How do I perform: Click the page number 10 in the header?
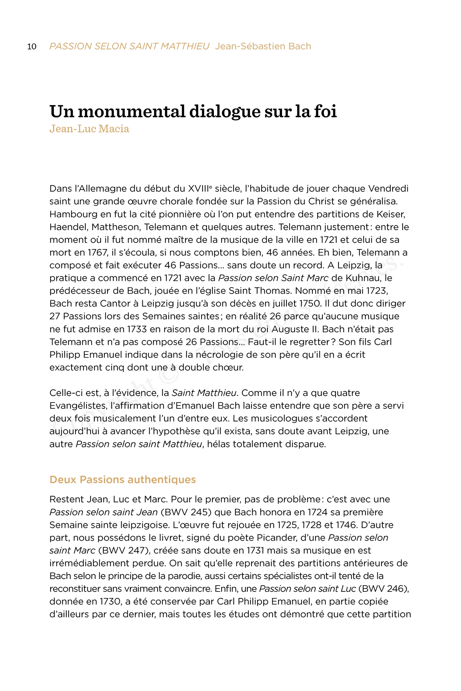[x=32, y=47]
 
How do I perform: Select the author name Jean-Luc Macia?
[x=89, y=129]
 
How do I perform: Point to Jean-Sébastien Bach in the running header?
[x=263, y=46]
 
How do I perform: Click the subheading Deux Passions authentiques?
[x=123, y=480]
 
